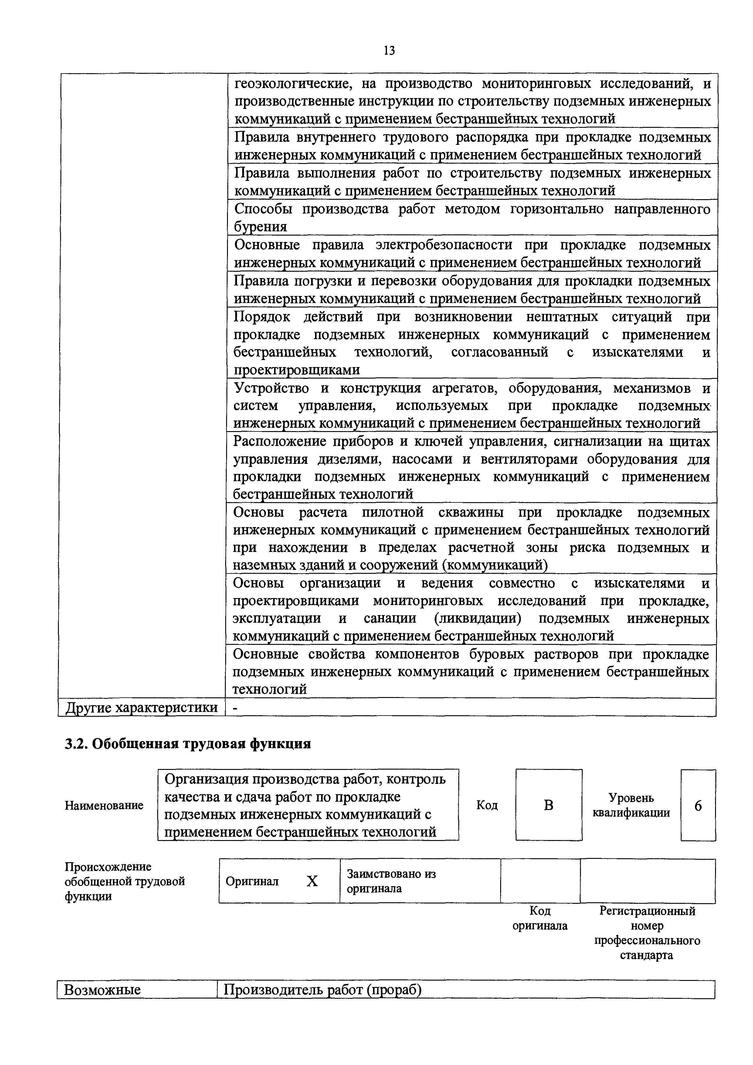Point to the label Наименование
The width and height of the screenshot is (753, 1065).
(104, 805)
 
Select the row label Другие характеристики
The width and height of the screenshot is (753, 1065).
(141, 707)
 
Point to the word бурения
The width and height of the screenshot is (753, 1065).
(260, 227)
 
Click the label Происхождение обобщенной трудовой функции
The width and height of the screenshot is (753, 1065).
(124, 881)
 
